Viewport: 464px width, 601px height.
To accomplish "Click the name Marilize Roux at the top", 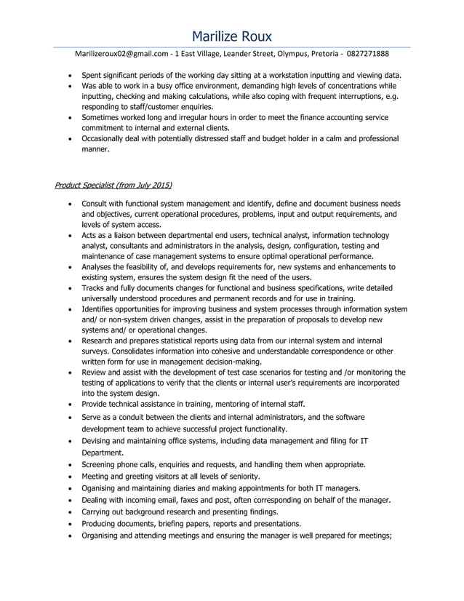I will tap(232, 36).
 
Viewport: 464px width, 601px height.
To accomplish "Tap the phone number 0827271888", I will tap(367, 54).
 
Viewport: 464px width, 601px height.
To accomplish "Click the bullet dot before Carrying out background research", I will tap(69, 512).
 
